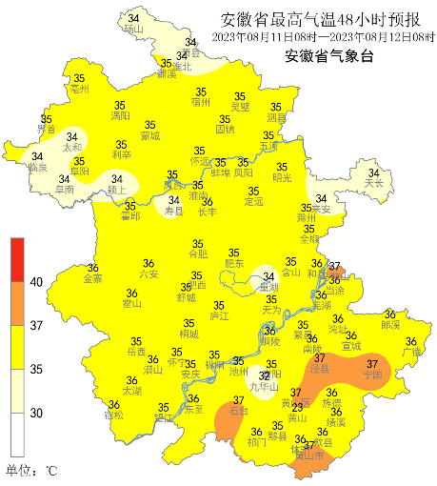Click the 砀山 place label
pos(132,30)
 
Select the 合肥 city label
pos(197,254)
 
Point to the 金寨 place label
pos(93,279)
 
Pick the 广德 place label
pos(411,353)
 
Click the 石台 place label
pos(240,412)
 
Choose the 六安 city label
pos(148,274)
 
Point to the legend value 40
pos(36,283)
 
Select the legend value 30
pos(36,413)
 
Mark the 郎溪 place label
pos(390,325)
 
